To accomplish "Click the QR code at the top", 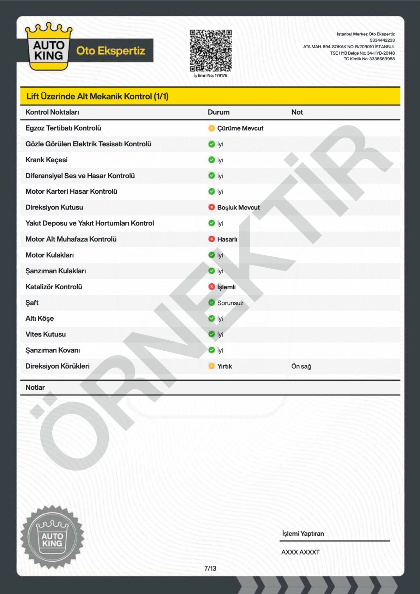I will coord(211,50).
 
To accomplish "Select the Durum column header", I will coord(218,112).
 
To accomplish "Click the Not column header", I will coord(297,112).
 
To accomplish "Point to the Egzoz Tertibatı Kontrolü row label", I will coord(63,128).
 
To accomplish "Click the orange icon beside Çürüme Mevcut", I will coord(211,128).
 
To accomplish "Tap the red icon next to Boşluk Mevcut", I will coord(211,207).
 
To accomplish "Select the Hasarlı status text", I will coord(227,239).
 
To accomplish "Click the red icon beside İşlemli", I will coord(211,287).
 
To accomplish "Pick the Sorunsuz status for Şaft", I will coord(230,303).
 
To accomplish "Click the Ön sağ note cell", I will coord(301,366).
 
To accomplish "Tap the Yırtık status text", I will coord(224,366).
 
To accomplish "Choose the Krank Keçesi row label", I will coord(46,160).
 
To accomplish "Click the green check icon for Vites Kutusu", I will coord(211,334).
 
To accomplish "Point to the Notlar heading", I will coord(35,387).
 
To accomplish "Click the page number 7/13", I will coord(210,568).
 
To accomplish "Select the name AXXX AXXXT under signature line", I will coord(300,552).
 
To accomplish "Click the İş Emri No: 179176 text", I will coord(210,75).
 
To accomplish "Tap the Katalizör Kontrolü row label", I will coord(54,287).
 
